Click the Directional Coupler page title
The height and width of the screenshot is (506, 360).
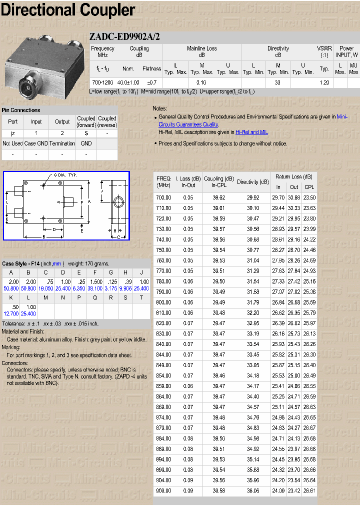click(x=68, y=10)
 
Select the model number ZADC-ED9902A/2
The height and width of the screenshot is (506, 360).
click(x=124, y=36)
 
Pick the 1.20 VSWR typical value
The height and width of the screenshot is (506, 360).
click(x=324, y=82)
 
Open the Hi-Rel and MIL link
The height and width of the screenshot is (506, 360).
click(x=251, y=132)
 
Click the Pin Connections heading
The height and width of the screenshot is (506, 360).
click(x=21, y=110)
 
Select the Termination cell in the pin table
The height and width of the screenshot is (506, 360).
click(x=62, y=143)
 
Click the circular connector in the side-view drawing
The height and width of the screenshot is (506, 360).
click(x=119, y=202)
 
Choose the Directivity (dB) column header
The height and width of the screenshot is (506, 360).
click(x=252, y=182)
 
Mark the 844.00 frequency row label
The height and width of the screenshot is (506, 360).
click(x=163, y=354)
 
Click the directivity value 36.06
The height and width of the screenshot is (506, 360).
click(x=252, y=491)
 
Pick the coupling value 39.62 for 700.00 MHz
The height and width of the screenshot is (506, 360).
click(x=219, y=197)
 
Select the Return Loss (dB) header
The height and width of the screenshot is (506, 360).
click(x=293, y=176)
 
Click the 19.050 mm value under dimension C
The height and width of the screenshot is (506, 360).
click(x=45, y=288)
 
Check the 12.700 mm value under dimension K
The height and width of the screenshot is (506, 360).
click(x=11, y=313)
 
